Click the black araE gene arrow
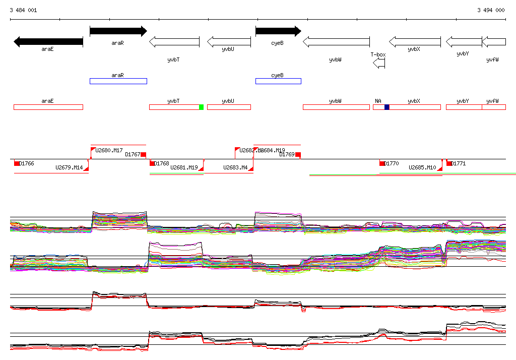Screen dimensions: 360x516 pos(48,42)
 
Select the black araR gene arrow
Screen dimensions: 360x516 pos(118,31)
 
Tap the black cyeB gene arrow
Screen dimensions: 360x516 pos(278,31)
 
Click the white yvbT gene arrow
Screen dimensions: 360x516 pos(174,42)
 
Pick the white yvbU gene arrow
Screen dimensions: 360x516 pos(229,42)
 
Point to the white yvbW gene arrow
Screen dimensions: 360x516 pos(336,42)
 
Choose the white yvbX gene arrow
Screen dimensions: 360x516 pos(415,42)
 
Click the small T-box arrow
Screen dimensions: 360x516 pos(379,63)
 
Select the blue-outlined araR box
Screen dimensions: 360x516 pos(118,81)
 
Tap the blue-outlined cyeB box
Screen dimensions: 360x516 pos(278,81)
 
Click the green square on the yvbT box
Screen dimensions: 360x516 pos(201,107)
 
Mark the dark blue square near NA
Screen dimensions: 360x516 pos(387,107)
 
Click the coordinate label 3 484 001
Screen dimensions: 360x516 pos(23,10)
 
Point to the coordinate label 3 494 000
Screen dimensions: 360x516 pos(491,10)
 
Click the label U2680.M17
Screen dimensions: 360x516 pos(109,150)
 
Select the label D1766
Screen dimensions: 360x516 pos(26,163)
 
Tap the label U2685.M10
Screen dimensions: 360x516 pos(422,167)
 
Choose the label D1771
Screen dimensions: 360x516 pos(458,163)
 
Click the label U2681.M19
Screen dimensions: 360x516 pos(184,167)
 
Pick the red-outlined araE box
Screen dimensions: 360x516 pos(48,107)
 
